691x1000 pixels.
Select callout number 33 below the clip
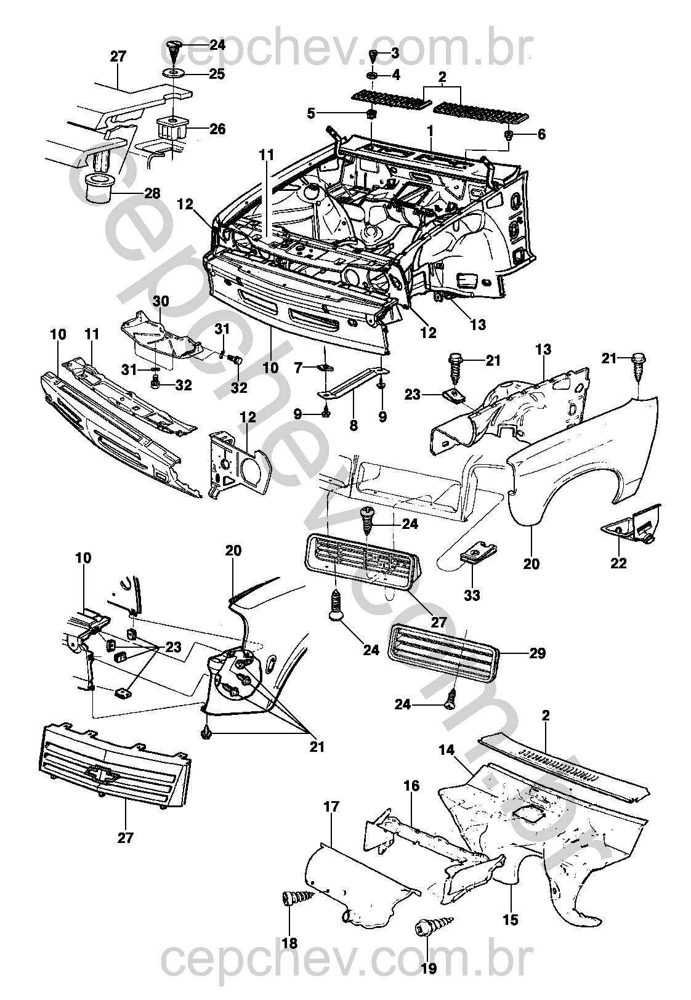click(x=472, y=595)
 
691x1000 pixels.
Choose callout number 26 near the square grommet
click(x=217, y=129)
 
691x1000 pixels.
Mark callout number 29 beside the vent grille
click(x=537, y=653)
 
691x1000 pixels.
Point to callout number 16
click(x=411, y=786)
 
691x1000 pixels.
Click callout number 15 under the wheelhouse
click(x=511, y=920)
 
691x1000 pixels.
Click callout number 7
click(x=298, y=368)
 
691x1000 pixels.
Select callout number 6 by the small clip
click(x=541, y=135)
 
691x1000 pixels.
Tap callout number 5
click(x=311, y=113)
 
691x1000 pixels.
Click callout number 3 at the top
click(x=395, y=53)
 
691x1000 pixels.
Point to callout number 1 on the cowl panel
click(x=430, y=131)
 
